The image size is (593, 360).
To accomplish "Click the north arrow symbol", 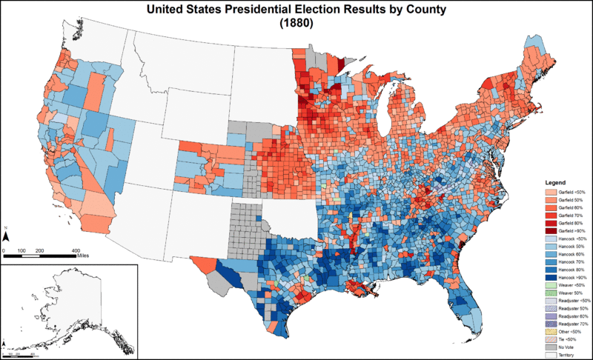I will pos(7,236).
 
